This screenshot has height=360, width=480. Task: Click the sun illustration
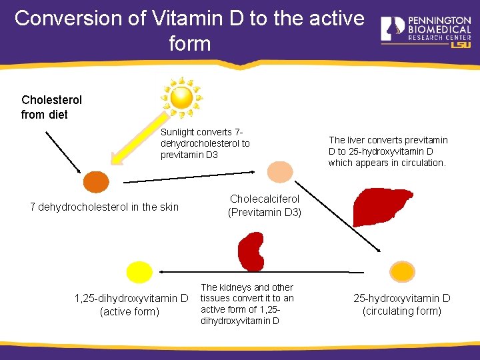click(181, 97)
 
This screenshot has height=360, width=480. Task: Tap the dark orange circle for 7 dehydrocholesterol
click(95, 182)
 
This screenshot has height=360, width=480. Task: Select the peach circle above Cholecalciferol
click(279, 171)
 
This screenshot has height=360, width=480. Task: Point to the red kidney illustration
click(252, 252)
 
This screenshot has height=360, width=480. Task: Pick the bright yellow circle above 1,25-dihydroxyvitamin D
click(139, 272)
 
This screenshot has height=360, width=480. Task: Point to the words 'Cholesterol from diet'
click(51, 107)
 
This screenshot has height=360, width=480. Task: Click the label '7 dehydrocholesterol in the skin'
click(105, 207)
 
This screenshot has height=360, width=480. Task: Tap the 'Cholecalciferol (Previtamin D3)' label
click(265, 206)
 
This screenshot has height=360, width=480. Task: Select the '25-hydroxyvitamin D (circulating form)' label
click(401, 305)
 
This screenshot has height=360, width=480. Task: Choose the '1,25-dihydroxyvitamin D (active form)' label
click(131, 305)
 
